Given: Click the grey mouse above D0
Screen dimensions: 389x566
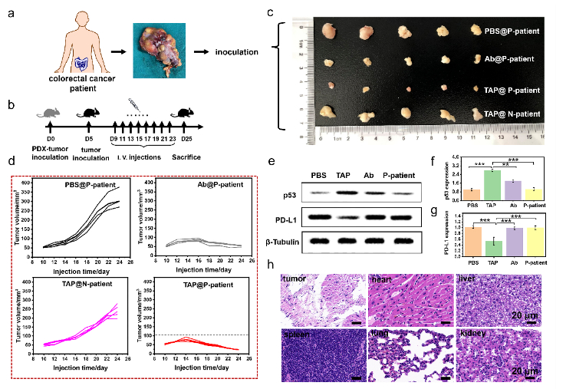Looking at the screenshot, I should (50, 113).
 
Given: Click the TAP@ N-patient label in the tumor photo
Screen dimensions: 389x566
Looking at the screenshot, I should (512, 114).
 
